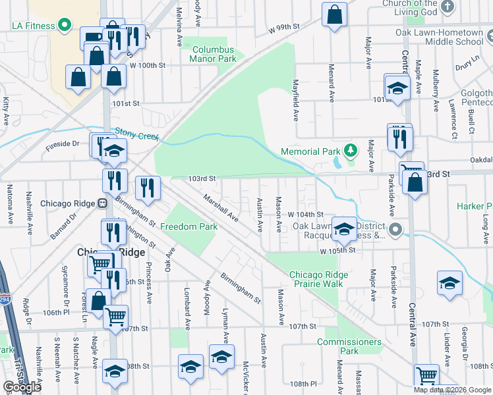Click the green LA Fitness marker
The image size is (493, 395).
65,26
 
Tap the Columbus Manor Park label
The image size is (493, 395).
212,54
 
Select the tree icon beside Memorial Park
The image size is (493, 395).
351,151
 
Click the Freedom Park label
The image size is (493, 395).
190,227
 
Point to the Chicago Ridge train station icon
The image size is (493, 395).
102,203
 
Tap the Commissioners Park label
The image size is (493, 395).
349,346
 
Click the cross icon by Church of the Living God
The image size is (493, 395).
448,7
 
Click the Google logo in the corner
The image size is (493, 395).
22,388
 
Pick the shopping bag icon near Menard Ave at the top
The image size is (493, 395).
335,16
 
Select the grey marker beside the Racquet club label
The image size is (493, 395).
395,230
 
